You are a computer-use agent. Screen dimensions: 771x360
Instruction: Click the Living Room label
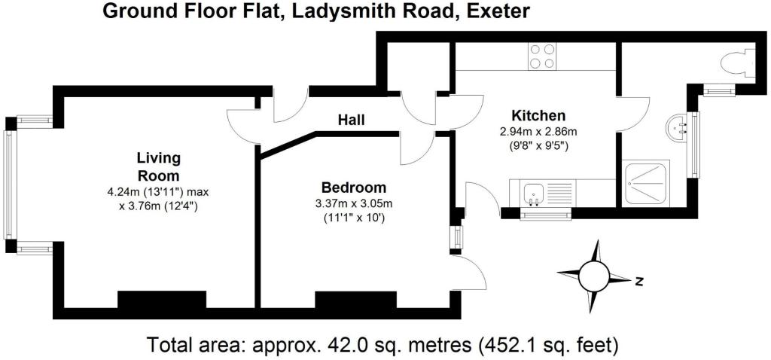click(x=158, y=165)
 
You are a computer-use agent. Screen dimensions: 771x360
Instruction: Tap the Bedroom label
click(x=353, y=188)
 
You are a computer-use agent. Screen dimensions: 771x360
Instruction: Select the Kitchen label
click(x=538, y=116)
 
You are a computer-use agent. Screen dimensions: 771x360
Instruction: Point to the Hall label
click(x=351, y=120)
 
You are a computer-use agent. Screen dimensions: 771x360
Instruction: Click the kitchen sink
click(x=535, y=192)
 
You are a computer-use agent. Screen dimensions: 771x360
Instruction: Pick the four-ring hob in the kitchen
click(x=543, y=56)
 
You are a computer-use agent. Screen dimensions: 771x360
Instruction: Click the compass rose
click(x=595, y=276)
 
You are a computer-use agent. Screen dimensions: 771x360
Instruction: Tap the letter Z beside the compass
click(x=638, y=282)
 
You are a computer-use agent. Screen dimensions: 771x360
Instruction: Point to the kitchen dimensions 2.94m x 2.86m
click(x=538, y=131)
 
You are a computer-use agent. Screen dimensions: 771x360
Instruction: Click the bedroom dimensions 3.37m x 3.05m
click(x=353, y=203)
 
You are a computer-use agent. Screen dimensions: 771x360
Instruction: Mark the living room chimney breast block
click(x=162, y=300)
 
